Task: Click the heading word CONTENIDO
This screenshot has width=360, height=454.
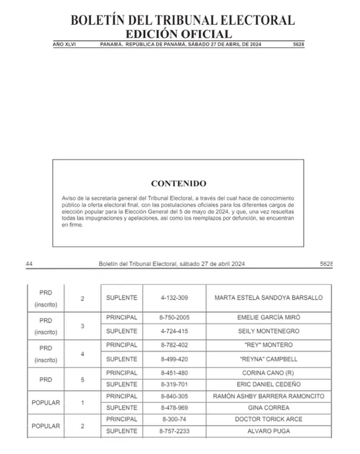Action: point(178,184)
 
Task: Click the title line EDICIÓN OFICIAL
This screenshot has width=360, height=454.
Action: point(178,34)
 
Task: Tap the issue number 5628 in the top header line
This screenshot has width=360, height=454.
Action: point(298,44)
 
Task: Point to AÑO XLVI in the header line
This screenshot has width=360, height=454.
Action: point(65,44)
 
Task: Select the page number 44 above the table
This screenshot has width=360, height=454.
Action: point(29,264)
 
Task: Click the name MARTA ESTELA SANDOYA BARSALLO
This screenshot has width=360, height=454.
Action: point(268,297)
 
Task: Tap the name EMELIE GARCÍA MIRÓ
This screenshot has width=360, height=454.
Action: point(268,317)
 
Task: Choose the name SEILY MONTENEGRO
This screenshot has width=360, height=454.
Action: point(268,331)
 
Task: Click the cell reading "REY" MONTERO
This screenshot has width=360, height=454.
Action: point(268,345)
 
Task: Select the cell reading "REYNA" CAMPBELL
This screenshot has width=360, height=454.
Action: point(268,359)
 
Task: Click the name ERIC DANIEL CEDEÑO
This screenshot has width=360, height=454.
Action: point(268,384)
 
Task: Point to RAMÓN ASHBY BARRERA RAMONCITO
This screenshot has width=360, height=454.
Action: point(268,396)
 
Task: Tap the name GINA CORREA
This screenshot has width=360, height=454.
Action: point(268,408)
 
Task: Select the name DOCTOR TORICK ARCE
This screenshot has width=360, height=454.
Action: point(268,419)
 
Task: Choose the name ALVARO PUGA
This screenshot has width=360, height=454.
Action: point(268,431)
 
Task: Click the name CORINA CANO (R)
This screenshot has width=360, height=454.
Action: point(268,372)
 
